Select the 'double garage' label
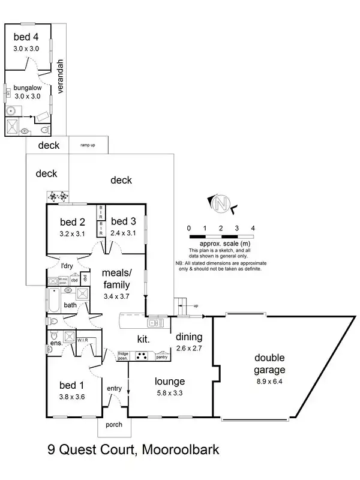(268, 364)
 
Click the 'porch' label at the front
(113, 425)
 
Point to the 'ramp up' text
(88, 145)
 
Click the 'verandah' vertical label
(60, 76)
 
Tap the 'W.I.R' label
(83, 340)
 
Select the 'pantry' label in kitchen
(161, 357)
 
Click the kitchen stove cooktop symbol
(143, 355)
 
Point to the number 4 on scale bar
(253, 229)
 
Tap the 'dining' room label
(189, 337)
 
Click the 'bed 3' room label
(124, 220)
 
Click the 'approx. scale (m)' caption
(220, 244)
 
